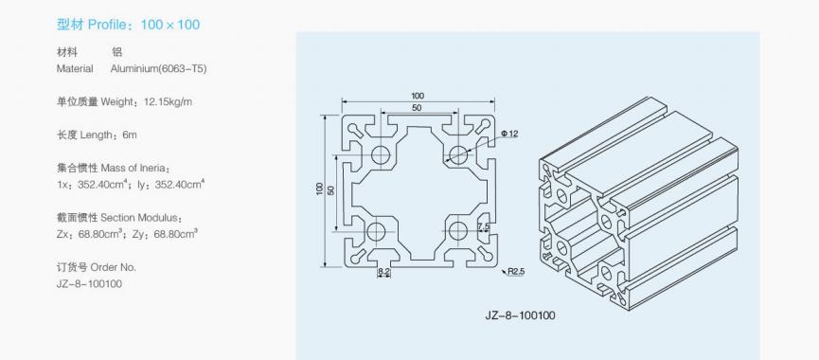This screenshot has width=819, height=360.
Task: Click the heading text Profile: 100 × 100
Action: pyautogui.click(x=144, y=25)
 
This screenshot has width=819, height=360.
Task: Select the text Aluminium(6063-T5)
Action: pyautogui.click(x=159, y=69)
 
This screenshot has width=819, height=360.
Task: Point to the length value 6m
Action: pyautogui.click(x=129, y=135)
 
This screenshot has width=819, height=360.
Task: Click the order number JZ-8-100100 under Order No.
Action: pyautogui.click(x=89, y=283)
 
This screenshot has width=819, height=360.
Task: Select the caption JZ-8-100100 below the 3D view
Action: pyautogui.click(x=520, y=315)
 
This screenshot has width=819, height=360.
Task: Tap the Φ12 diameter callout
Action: pyautogui.click(x=509, y=134)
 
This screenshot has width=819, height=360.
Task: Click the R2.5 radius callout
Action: pyautogui.click(x=514, y=271)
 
